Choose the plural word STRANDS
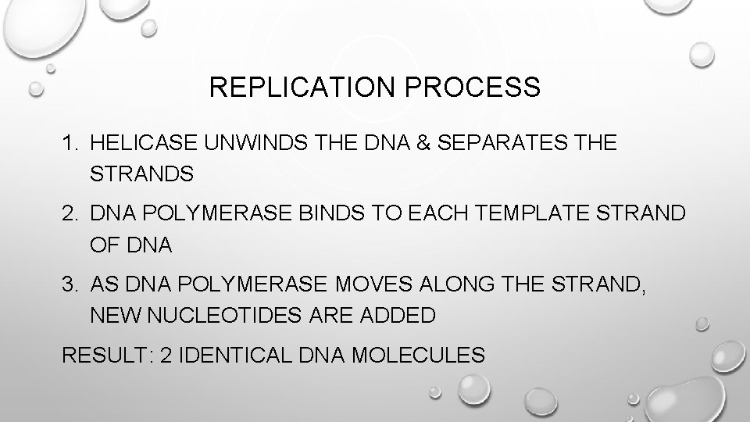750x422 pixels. pyautogui.click(x=141, y=173)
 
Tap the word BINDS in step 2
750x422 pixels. pyautogui.click(x=337, y=213)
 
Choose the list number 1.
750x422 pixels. pyautogui.click(x=70, y=143)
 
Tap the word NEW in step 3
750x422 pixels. pyautogui.click(x=114, y=315)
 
